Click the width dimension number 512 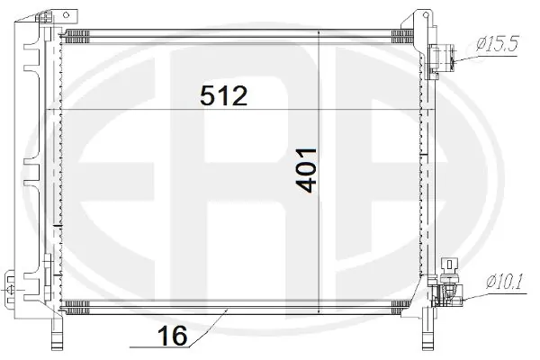(x=222, y=96)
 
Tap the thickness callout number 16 (x=174, y=336)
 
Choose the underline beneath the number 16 (x=162, y=346)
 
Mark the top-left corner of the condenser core (x=59, y=31)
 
